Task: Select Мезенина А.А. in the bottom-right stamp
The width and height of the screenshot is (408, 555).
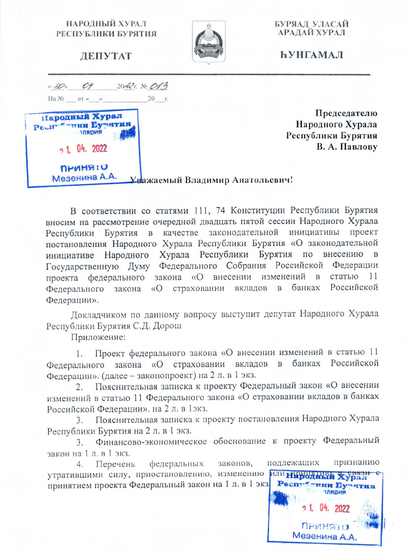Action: (324, 536)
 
